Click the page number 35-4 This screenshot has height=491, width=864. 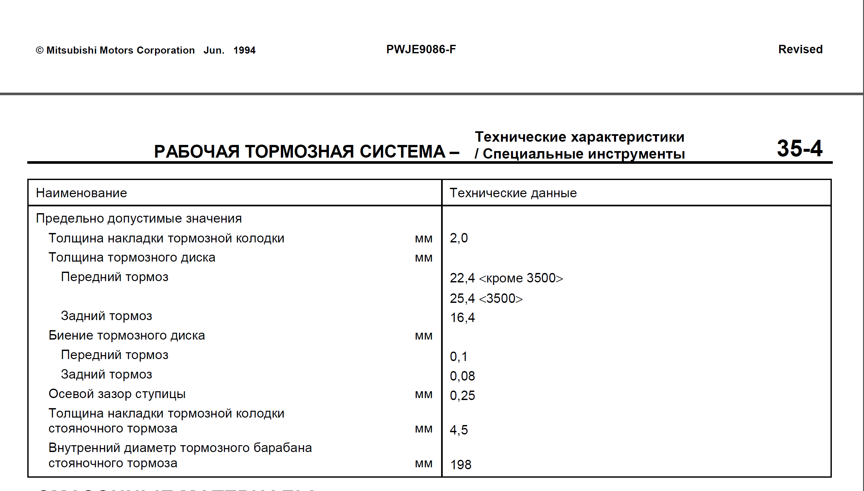(x=799, y=149)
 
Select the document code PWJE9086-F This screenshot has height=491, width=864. (x=421, y=50)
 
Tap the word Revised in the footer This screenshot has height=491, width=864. (x=800, y=50)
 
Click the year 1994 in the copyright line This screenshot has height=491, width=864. (x=244, y=51)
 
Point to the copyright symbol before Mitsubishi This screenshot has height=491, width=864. (x=39, y=51)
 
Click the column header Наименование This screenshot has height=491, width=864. (x=81, y=193)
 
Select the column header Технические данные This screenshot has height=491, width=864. (x=513, y=193)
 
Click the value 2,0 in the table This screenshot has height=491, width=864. (x=459, y=238)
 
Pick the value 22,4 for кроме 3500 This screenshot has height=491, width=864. (x=462, y=278)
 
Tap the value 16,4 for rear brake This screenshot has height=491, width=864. (x=462, y=318)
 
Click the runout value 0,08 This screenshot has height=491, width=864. (x=462, y=376)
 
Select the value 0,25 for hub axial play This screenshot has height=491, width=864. (x=462, y=395)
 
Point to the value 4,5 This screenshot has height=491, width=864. (x=459, y=430)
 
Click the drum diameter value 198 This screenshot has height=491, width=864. (x=460, y=465)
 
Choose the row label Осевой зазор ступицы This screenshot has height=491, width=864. (x=117, y=394)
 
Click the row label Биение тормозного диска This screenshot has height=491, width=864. (x=126, y=336)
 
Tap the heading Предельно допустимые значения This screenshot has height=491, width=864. (x=138, y=218)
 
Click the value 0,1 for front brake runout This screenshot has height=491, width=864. (x=458, y=357)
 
